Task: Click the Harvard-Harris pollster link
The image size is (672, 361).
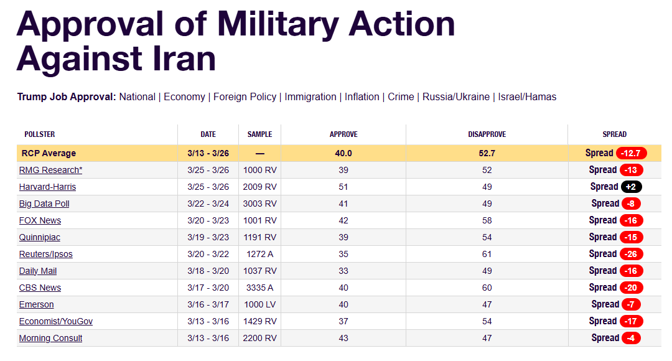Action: (47, 187)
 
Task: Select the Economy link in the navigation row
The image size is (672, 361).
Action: (184, 97)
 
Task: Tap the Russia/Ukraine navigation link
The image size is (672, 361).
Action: (455, 97)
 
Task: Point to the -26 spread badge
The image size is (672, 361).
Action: (631, 254)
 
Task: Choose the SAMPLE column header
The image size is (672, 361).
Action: (259, 134)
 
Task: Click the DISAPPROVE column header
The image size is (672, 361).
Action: (487, 134)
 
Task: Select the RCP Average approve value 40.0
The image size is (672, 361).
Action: (343, 153)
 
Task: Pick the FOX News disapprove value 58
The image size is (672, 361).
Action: (487, 220)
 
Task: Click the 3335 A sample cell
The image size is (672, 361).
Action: (259, 288)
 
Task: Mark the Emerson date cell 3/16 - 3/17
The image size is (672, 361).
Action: (208, 304)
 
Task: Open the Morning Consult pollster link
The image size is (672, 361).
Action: (50, 338)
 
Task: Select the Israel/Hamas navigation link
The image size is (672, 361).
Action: (528, 97)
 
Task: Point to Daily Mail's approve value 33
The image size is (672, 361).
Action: (343, 271)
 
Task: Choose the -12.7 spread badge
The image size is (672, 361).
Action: (631, 153)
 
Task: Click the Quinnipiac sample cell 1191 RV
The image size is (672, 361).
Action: (259, 237)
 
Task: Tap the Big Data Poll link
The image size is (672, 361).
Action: (44, 204)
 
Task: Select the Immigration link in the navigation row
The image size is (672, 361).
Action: (311, 97)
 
